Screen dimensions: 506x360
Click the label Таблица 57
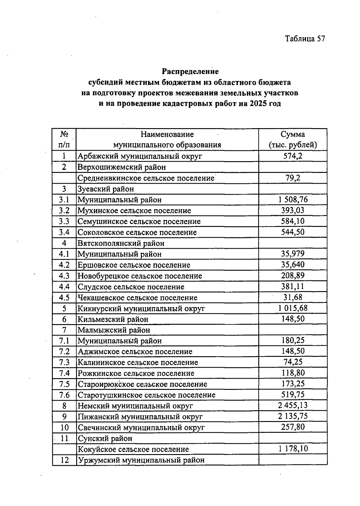305,39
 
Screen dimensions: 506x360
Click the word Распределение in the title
190,71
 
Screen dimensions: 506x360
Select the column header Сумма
292,134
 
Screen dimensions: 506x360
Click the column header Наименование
167,134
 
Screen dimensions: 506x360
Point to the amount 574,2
292,156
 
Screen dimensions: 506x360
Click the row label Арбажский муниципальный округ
140,156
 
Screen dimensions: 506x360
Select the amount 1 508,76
292,200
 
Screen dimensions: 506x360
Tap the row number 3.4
64,232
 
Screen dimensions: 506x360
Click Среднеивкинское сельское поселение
146,178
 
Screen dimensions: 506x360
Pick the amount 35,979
292,254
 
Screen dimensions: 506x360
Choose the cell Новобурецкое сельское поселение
140,276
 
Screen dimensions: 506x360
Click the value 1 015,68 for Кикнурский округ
292,308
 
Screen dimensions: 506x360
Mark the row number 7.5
64,384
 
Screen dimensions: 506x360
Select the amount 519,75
292,395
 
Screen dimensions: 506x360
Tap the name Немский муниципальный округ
135,406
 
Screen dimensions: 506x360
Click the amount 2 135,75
292,416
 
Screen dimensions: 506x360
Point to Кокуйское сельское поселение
133,449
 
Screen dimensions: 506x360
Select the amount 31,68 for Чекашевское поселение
292,297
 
